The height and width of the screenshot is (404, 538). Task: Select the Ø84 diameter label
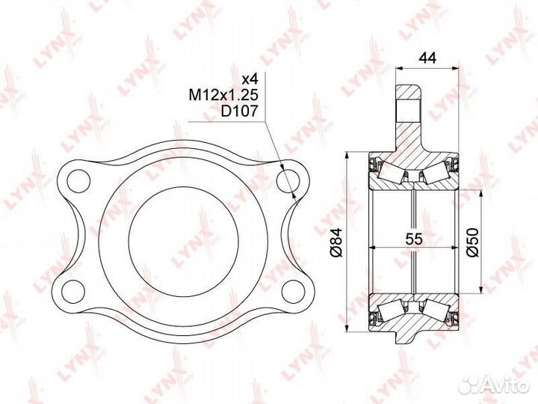335,243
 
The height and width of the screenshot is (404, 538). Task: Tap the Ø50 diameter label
472,242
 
